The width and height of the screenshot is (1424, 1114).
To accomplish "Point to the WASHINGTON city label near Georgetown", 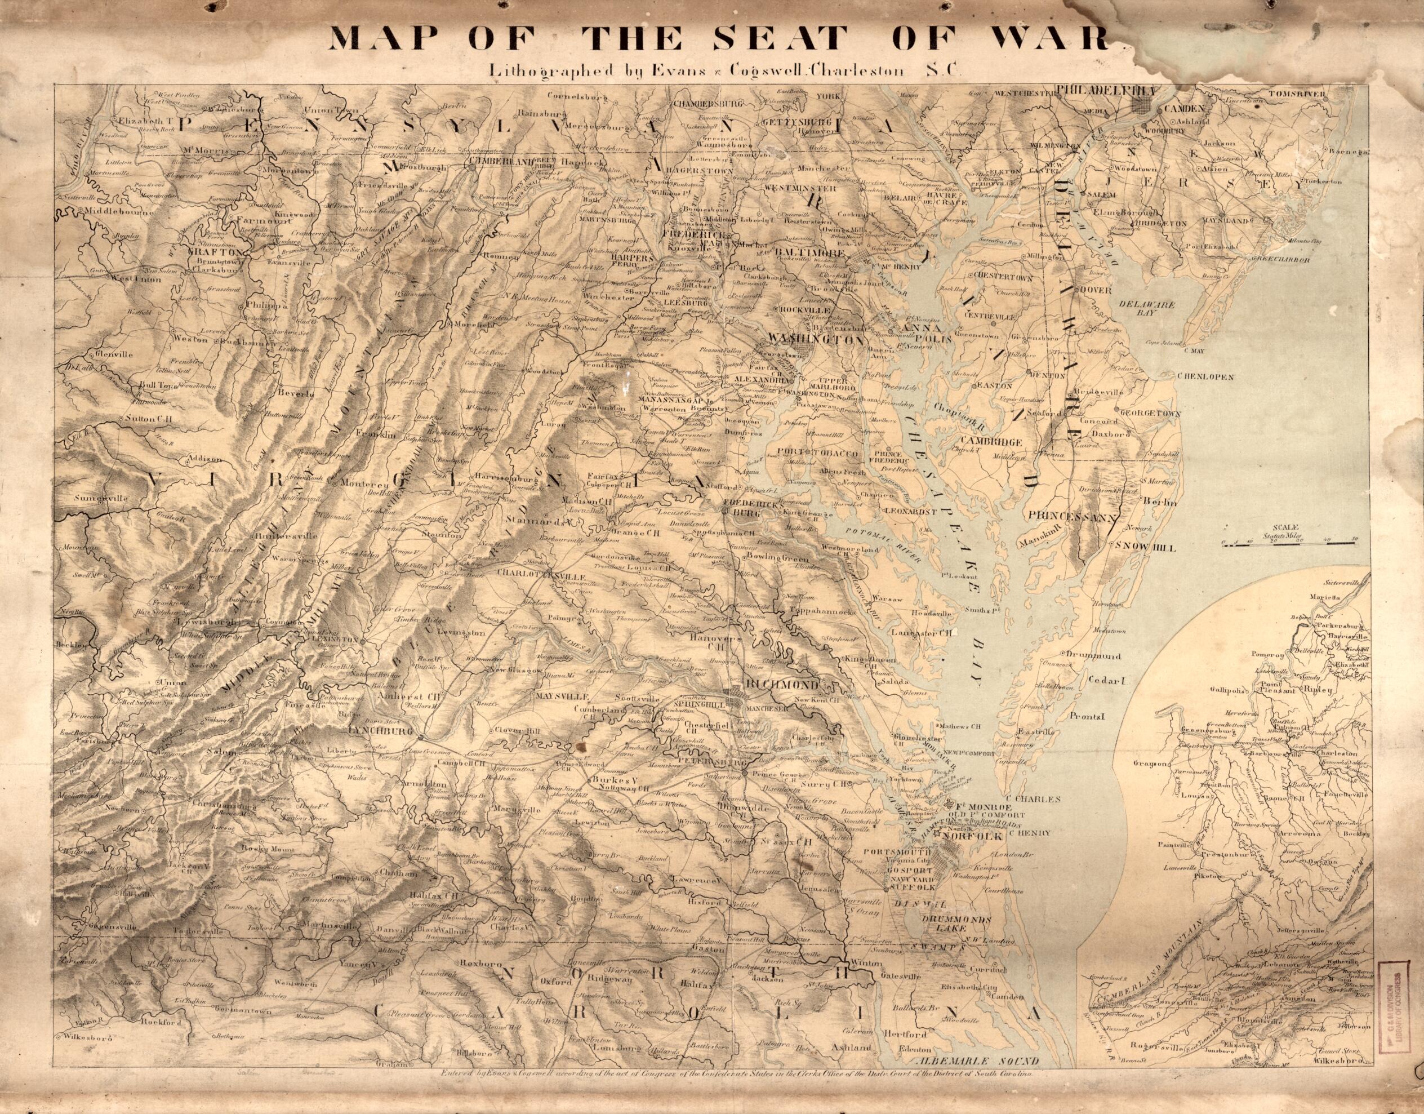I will (x=818, y=339).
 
